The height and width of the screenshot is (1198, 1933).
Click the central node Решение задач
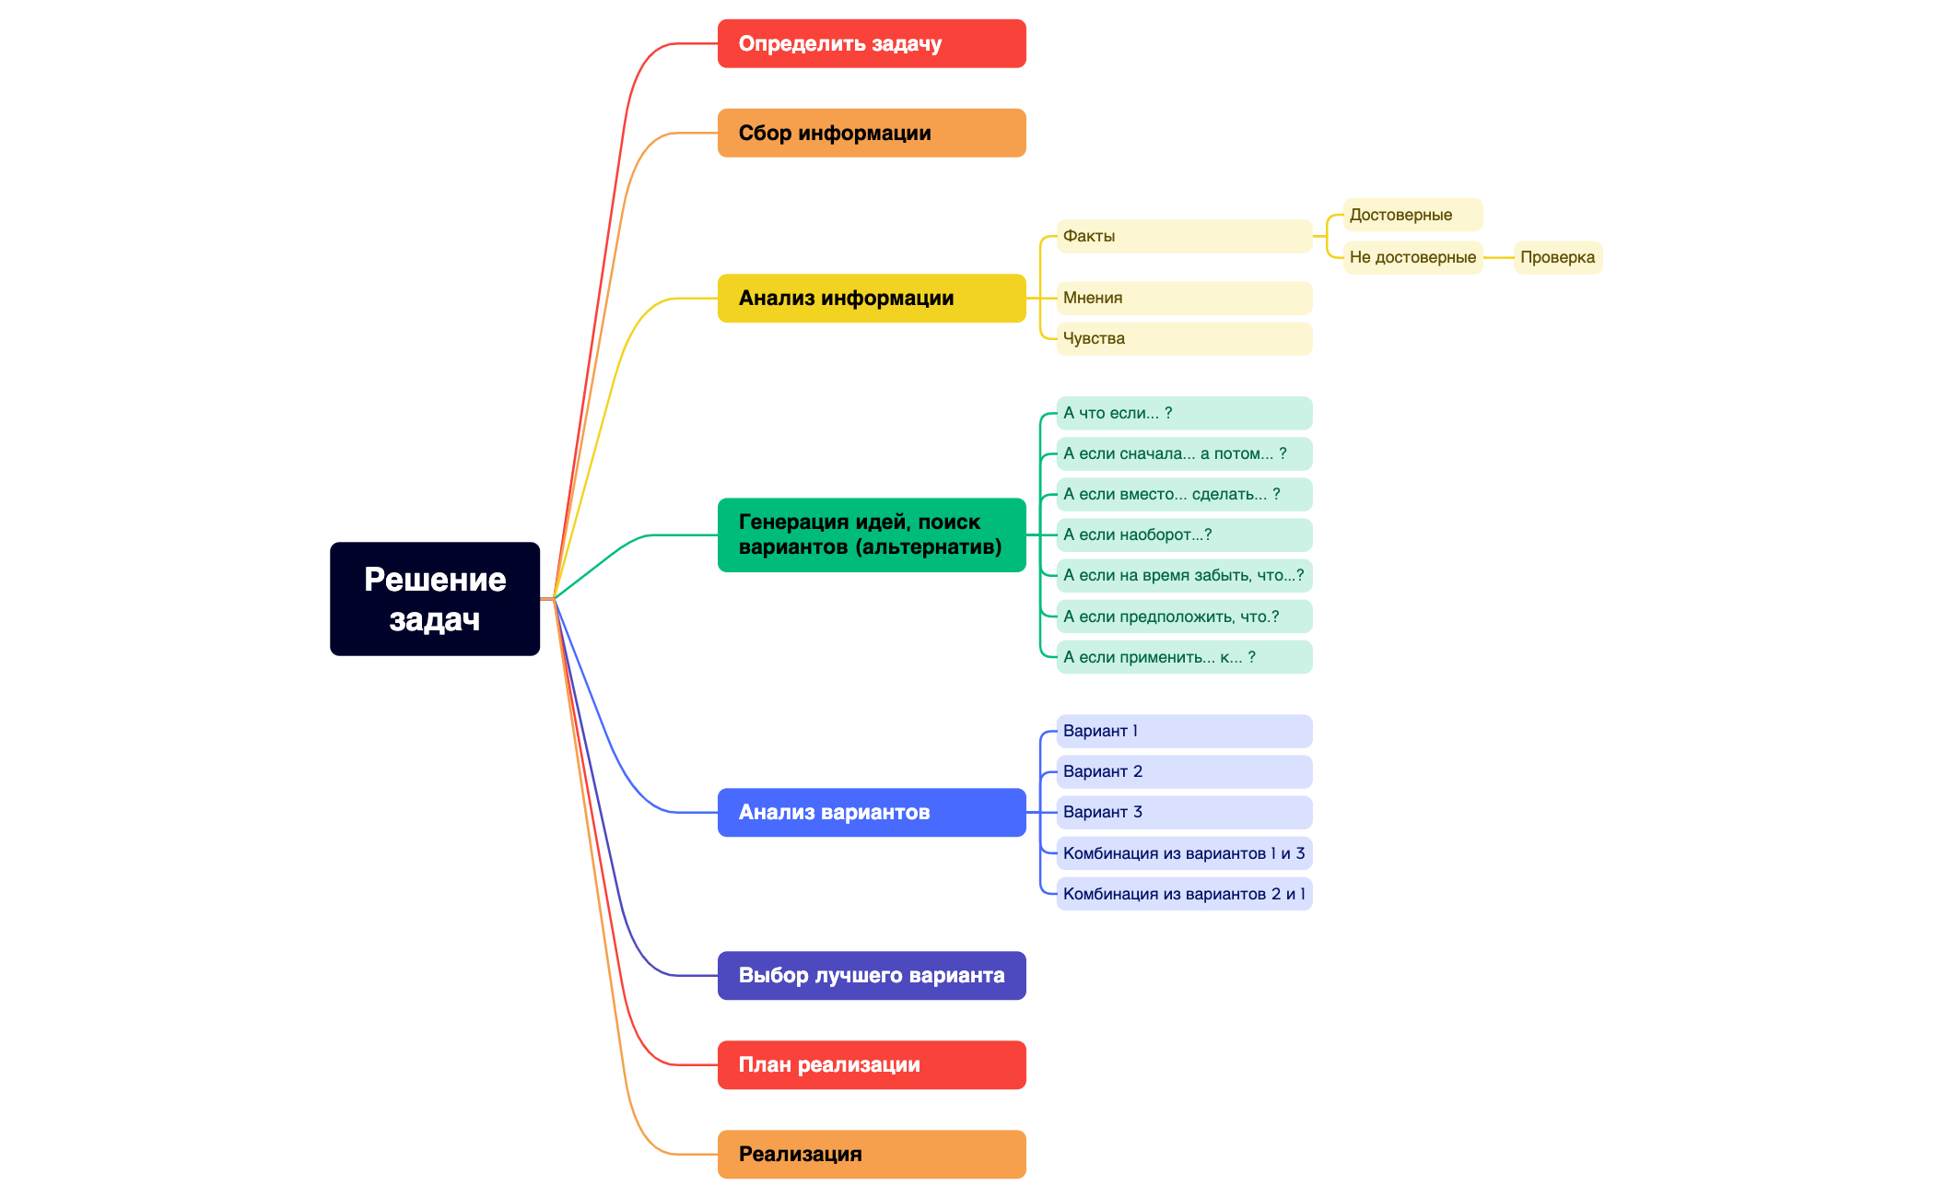(x=434, y=599)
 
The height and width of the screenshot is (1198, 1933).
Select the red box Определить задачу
(x=871, y=43)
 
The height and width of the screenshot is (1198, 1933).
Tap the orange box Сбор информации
(x=871, y=133)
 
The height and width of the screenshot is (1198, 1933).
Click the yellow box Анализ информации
(x=871, y=298)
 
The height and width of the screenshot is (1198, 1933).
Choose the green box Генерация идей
(x=871, y=534)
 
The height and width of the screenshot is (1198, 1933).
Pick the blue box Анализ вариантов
(x=871, y=812)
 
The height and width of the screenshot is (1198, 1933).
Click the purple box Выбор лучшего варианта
(x=871, y=975)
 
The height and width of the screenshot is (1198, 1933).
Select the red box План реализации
(x=871, y=1064)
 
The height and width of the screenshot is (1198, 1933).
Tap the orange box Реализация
(x=871, y=1154)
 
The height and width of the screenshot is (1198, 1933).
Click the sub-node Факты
(x=1183, y=236)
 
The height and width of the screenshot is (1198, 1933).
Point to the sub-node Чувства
(x=1183, y=338)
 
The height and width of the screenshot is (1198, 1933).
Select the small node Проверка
(x=1557, y=257)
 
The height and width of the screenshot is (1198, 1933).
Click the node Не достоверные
(x=1412, y=257)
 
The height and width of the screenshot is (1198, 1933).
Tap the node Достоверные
(x=1412, y=215)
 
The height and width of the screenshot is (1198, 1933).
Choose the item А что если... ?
(x=1183, y=413)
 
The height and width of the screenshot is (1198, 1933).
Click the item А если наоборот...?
(x=1183, y=534)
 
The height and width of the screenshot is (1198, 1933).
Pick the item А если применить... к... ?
(x=1183, y=657)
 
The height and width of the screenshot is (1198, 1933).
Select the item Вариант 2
(x=1183, y=771)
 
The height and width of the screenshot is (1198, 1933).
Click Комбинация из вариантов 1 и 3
(x=1183, y=853)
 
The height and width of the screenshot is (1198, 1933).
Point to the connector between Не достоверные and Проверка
(x=1498, y=258)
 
